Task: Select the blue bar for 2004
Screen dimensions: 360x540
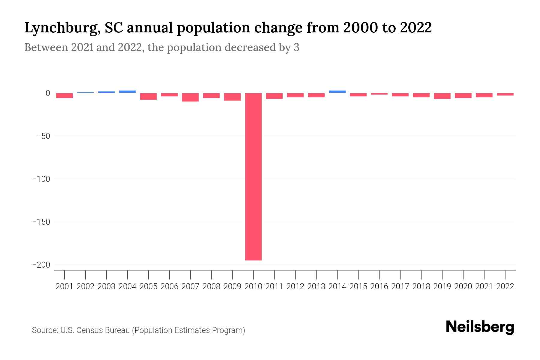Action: [127, 91]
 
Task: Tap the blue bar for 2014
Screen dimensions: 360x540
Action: [337, 91]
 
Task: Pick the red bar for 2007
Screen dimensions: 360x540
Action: [190, 97]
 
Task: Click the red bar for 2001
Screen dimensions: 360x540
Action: [64, 95]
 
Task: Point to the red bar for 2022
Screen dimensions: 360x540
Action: [505, 94]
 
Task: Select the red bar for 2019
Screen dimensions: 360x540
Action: [442, 96]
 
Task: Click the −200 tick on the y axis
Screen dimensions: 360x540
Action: [41, 265]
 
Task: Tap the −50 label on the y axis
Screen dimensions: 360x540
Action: [43, 136]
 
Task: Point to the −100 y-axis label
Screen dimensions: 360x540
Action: [41, 179]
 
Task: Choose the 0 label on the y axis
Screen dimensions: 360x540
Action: [48, 93]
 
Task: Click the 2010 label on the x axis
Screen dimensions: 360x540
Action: [253, 286]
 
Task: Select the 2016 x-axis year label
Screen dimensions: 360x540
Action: [379, 286]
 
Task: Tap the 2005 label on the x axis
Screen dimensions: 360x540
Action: [148, 286]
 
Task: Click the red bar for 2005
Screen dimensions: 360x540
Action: [148, 96]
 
